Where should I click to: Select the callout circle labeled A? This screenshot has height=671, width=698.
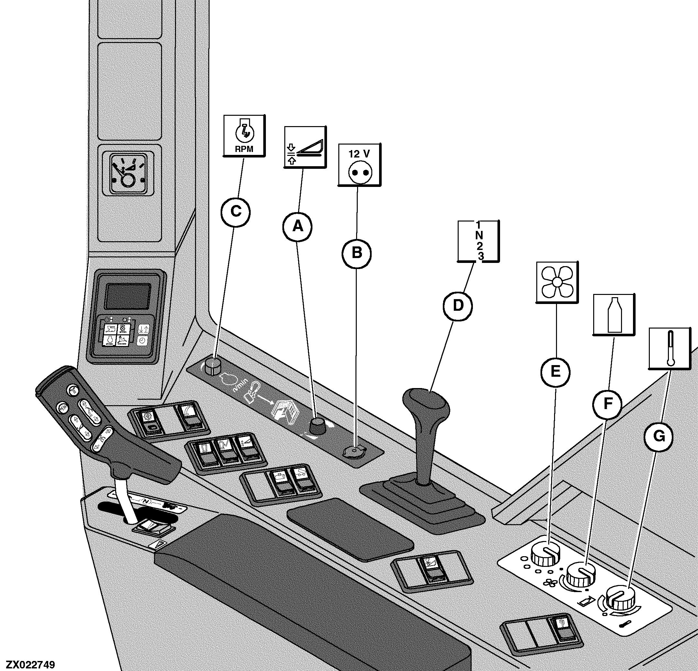click(x=297, y=226)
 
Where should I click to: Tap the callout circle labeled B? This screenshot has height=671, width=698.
click(x=357, y=253)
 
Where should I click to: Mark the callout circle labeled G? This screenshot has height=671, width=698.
click(x=659, y=436)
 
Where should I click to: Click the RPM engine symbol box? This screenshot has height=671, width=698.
click(x=244, y=135)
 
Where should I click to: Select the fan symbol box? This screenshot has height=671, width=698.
click(x=557, y=283)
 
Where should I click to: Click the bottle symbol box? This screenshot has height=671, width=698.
click(x=613, y=314)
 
